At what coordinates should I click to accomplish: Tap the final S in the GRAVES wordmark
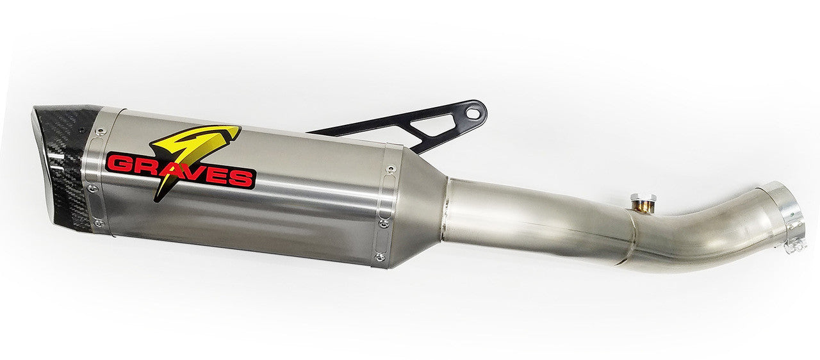[x=243, y=177]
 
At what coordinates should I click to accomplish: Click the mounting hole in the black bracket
[x=473, y=113]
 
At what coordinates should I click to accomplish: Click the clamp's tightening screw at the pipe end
[x=794, y=244]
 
